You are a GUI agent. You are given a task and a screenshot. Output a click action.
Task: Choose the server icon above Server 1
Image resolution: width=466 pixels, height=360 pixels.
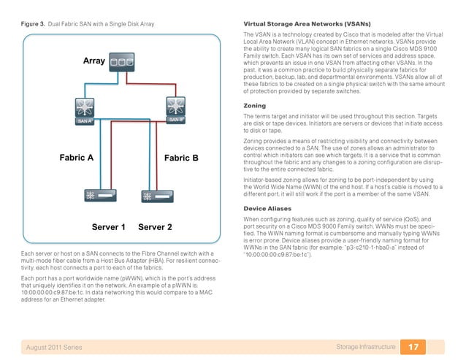tap(97, 196)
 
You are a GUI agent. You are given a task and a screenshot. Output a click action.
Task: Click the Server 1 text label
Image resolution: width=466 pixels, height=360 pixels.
tap(109, 227)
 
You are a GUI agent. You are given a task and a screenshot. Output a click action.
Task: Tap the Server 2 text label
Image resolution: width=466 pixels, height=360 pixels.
tap(155, 227)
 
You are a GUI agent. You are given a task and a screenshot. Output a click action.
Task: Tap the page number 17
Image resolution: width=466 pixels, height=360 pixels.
tap(413, 345)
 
